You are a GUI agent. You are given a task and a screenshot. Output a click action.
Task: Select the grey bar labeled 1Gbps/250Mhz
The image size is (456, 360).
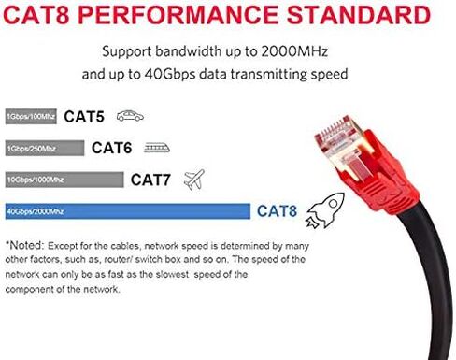pos(44,148)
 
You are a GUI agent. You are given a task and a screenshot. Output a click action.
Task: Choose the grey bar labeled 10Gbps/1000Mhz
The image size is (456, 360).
pos(64,179)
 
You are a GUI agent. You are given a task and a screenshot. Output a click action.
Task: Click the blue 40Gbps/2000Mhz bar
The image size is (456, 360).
pos(128,210)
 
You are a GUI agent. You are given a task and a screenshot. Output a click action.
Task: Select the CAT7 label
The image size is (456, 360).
pos(150,179)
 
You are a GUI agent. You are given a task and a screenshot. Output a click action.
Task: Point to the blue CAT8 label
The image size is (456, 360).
pos(277,210)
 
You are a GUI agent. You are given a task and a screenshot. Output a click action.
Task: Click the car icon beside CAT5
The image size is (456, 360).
pos(130,117)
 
